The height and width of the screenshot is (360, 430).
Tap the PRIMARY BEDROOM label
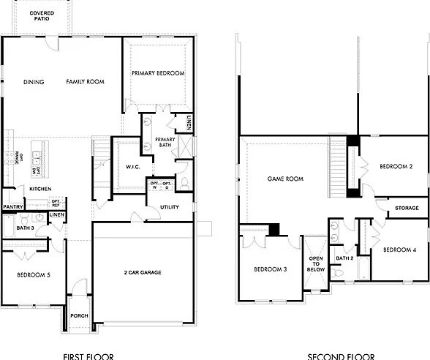click(x=158, y=73)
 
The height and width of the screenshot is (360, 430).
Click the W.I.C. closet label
click(x=133, y=167)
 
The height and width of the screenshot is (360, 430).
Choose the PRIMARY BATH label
click(x=166, y=141)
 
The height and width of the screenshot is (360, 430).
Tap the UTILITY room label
click(x=170, y=208)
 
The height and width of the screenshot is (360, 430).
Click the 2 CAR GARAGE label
click(x=142, y=273)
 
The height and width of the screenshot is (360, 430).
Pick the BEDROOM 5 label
click(x=33, y=275)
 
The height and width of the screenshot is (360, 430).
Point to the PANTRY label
click(x=13, y=207)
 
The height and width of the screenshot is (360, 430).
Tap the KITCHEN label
click(x=39, y=189)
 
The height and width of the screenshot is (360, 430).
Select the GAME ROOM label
click(x=285, y=179)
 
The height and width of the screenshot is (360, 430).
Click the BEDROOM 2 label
click(x=396, y=167)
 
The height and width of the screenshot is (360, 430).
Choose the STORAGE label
click(x=407, y=209)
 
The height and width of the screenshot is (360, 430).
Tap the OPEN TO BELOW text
click(x=316, y=263)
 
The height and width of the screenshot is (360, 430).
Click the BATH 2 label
click(x=344, y=258)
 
